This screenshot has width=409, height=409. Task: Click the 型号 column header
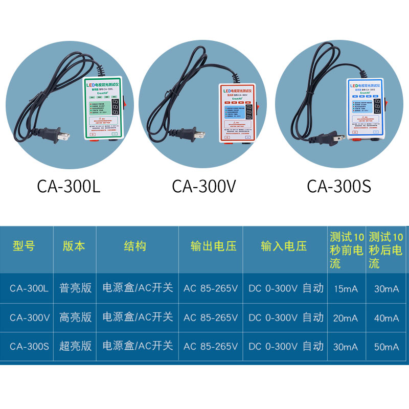pos(24,246)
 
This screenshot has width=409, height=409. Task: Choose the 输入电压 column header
pos(284,246)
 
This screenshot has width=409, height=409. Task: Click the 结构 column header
pos(135,246)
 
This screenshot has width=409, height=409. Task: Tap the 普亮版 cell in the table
pos(76,288)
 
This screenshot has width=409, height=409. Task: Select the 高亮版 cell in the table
pos(76,317)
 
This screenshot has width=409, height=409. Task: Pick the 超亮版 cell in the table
pos(76,346)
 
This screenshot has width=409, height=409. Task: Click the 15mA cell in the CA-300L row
pos(346,288)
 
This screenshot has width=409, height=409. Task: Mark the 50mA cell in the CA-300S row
pos(386,347)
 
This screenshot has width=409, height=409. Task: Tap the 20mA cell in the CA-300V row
pos(346,317)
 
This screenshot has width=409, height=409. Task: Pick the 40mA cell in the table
pos(386,317)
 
